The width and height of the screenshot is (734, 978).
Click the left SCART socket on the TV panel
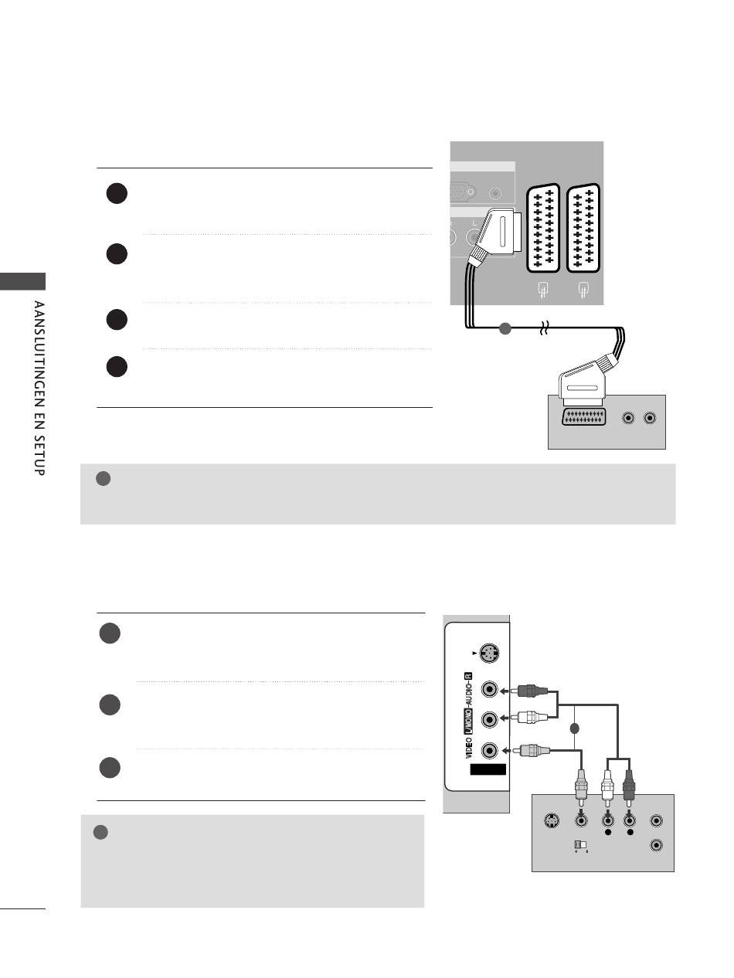[x=543, y=228]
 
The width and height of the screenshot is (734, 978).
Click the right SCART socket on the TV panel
[x=583, y=228]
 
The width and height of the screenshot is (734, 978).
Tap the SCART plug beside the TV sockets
[x=495, y=235]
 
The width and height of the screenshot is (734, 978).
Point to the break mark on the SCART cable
[x=544, y=328]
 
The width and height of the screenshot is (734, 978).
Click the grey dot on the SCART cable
[x=505, y=328]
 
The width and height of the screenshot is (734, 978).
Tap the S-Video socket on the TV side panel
[x=489, y=654]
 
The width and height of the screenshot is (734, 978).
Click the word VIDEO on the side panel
[x=469, y=748]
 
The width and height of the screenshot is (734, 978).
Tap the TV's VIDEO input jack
[x=490, y=750]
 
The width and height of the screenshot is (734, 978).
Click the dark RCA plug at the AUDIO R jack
[x=529, y=691]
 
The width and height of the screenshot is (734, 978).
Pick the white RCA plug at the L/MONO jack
[x=529, y=718]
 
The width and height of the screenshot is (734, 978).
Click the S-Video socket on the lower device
[x=552, y=820]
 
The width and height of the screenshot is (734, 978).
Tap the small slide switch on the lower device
[x=581, y=844]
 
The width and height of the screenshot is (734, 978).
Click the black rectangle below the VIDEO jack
[x=488, y=769]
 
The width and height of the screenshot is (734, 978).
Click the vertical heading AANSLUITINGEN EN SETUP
[x=39, y=388]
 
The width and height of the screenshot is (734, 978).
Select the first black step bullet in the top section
[x=117, y=193]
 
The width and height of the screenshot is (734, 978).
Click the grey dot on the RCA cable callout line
[x=575, y=728]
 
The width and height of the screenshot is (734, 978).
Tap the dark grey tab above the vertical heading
[x=22, y=281]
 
